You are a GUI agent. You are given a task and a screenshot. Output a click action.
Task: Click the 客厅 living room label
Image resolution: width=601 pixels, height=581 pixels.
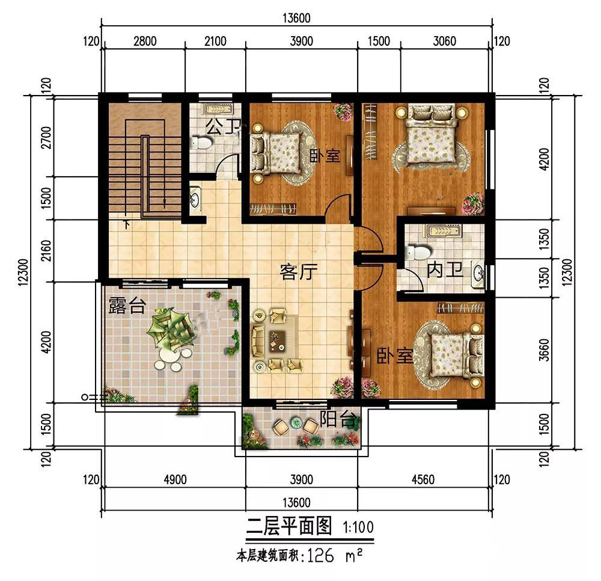(x=299, y=272)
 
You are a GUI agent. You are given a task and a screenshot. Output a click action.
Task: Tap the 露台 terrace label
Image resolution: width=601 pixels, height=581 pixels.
(x=127, y=305)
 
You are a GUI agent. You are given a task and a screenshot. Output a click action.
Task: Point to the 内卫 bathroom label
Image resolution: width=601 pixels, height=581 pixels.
(x=445, y=270)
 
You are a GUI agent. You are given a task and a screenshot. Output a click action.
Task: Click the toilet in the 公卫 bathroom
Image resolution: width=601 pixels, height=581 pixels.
(x=201, y=143)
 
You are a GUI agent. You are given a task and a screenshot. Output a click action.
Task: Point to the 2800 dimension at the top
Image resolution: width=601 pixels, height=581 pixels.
(x=145, y=41)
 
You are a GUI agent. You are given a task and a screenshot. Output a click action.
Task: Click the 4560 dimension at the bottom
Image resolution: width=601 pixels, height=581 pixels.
(x=423, y=479)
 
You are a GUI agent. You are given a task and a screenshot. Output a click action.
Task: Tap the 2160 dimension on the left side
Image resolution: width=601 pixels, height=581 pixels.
(x=46, y=250)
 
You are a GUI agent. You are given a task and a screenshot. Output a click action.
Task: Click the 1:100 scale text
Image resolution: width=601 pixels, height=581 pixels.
(x=358, y=527)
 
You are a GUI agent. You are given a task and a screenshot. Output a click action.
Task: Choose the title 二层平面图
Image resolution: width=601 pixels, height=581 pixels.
(x=289, y=526)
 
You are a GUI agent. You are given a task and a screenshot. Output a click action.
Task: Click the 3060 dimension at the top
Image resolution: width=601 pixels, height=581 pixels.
(x=445, y=41)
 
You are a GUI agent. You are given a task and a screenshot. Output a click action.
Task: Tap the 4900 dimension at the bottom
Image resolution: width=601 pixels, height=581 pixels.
(x=175, y=479)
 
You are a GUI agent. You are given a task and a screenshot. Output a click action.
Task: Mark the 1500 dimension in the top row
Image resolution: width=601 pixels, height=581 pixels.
(x=379, y=41)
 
